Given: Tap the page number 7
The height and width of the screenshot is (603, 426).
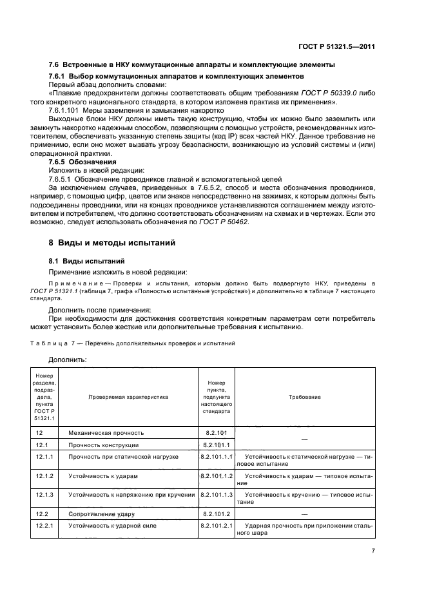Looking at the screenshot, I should pyautogui.click(x=373, y=551).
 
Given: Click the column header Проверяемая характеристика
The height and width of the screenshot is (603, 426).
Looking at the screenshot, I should pyautogui.click(x=128, y=397).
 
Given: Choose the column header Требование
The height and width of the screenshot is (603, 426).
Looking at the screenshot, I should pyautogui.click(x=305, y=397).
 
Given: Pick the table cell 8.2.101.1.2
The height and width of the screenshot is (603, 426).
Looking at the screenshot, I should pyautogui.click(x=217, y=475).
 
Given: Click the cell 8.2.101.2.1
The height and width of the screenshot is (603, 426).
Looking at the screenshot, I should pyautogui.click(x=217, y=526).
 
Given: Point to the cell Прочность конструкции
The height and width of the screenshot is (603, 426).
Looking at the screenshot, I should pyautogui.click(x=104, y=445).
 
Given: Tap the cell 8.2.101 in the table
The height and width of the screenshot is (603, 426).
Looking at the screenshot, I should pyautogui.click(x=217, y=433).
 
